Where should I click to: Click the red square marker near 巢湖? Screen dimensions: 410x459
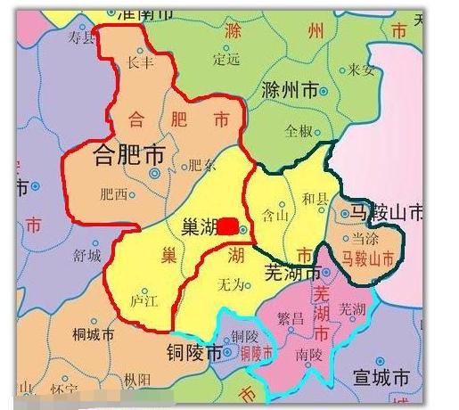(229, 225)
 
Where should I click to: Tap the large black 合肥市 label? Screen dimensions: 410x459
(129, 157)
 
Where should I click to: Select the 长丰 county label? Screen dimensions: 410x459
(141, 63)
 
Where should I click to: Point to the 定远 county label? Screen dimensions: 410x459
(227, 60)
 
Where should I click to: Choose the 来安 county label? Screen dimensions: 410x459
(361, 70)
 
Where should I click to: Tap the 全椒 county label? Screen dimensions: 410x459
(298, 130)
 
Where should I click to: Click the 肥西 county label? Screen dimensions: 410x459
(113, 193)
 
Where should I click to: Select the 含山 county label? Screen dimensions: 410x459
(273, 215)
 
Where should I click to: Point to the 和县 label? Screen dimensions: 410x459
(316, 199)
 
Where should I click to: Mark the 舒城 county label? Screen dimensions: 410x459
(87, 255)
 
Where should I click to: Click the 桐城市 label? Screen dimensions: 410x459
(93, 334)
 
